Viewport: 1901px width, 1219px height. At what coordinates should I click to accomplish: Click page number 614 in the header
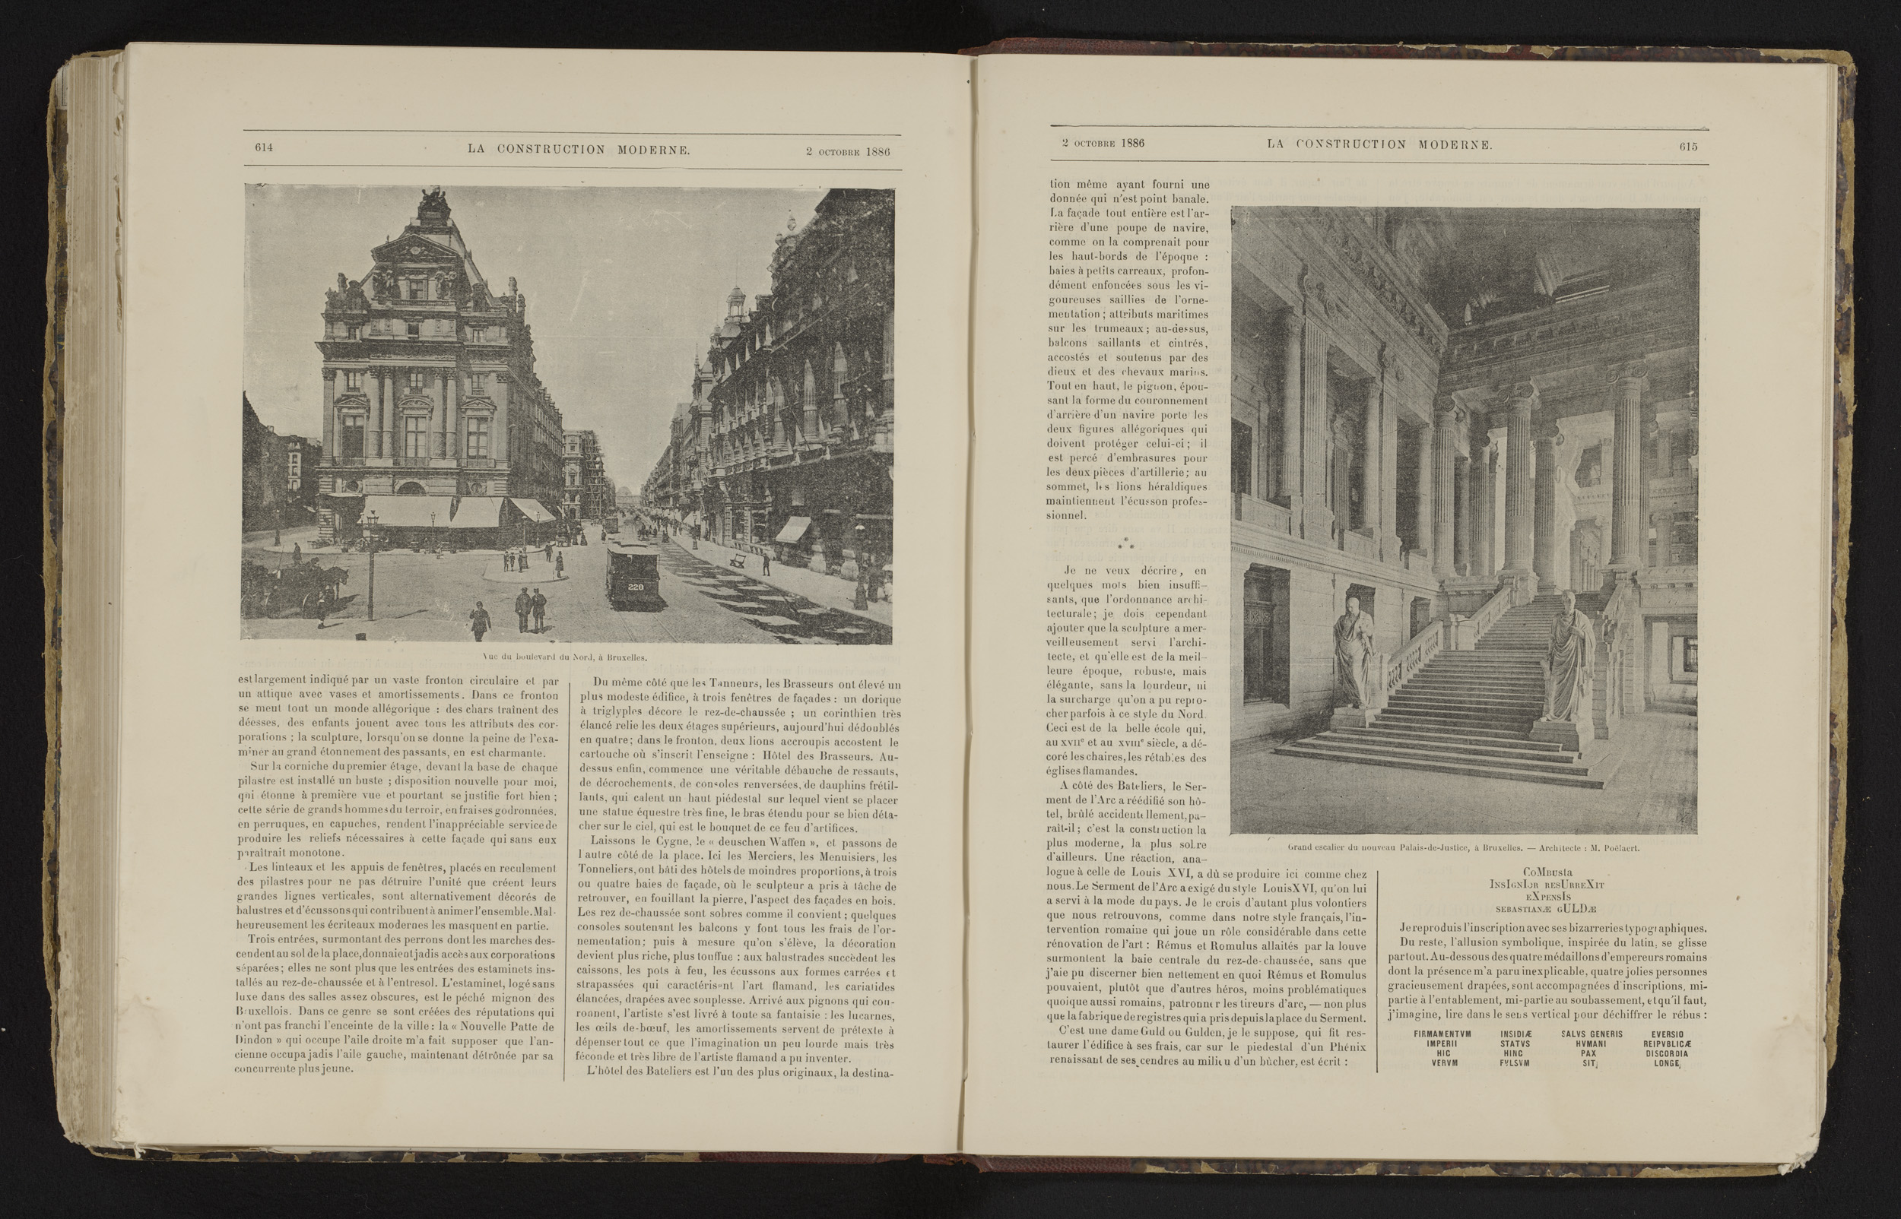[264, 148]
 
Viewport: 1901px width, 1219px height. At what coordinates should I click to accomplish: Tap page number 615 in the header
[1688, 146]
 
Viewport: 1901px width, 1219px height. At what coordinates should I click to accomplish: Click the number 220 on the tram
[635, 587]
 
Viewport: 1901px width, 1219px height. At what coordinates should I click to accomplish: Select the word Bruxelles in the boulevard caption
[626, 657]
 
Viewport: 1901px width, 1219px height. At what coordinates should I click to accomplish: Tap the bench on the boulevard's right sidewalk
[738, 560]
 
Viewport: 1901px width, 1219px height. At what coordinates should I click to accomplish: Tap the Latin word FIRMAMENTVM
[1442, 1034]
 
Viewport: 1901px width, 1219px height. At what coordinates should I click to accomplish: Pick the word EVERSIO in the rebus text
[1667, 1034]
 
